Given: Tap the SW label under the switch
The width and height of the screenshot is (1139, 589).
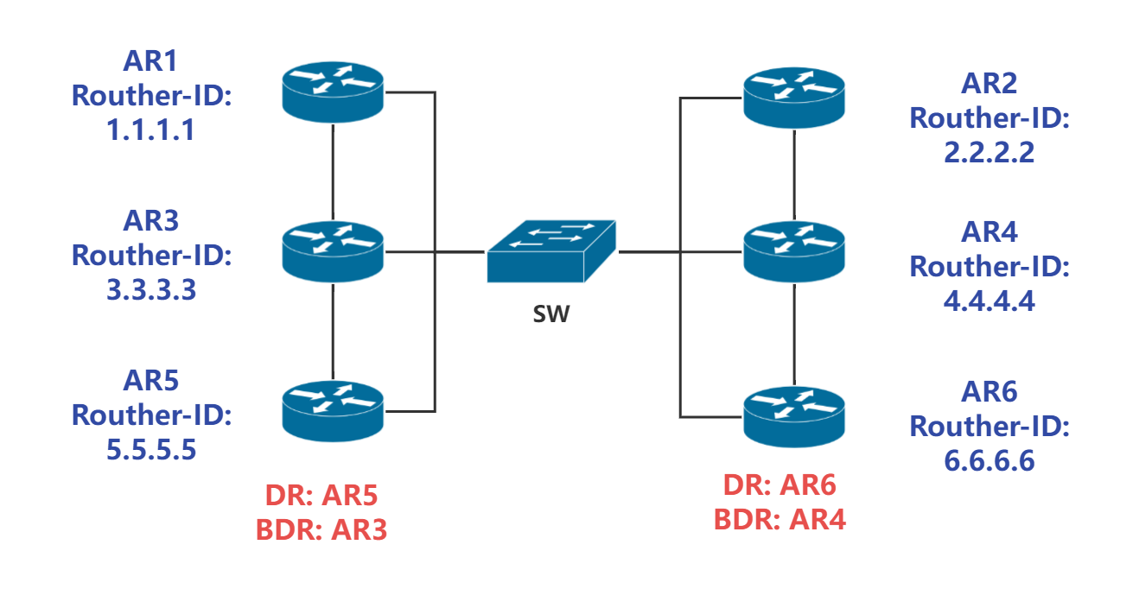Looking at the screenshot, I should (551, 313).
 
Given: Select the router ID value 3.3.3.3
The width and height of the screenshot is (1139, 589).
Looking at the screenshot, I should (151, 289).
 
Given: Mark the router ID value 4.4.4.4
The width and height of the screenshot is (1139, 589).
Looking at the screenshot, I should (989, 302).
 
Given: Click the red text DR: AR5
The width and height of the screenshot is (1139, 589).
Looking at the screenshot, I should (321, 495).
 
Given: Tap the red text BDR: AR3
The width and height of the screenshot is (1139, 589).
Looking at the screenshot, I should (321, 529).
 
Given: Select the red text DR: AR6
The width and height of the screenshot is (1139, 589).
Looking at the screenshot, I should (779, 486).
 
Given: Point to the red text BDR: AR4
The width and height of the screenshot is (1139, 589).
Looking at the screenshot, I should (779, 519).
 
